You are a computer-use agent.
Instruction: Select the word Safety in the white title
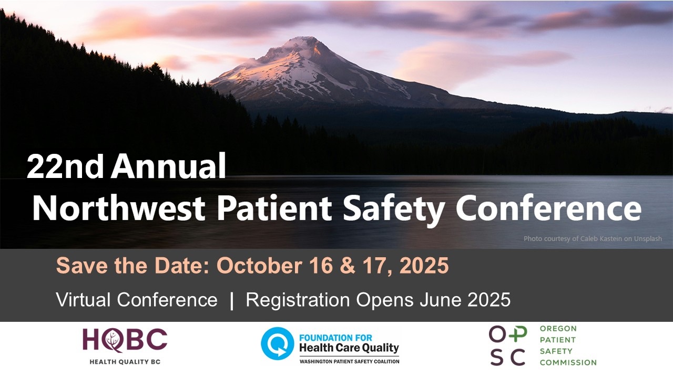point(394,210)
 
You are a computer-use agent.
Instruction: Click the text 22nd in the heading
point(65,166)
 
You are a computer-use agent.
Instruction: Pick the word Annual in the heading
point(169,165)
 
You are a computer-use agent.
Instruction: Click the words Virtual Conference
point(137,299)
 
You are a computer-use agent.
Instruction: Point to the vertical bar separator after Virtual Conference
point(231,300)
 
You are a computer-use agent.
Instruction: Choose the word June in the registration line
point(441,299)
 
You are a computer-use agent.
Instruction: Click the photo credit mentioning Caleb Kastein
point(593,239)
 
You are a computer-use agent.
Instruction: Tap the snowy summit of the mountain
point(304,42)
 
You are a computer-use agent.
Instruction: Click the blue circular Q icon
point(277,343)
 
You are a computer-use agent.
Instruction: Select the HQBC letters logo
point(125,340)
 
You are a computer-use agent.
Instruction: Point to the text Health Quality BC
point(125,362)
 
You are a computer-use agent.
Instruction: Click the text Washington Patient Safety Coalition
point(350,362)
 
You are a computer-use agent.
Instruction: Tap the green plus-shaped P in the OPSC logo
point(518,334)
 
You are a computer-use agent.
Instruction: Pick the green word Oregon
point(558,329)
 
